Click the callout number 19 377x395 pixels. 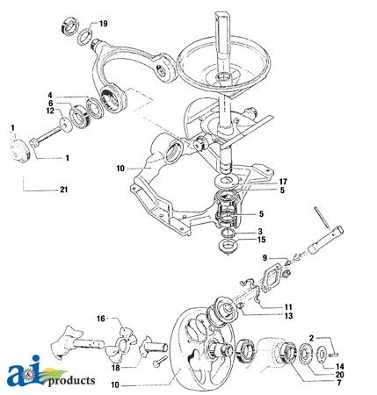(x=104, y=24)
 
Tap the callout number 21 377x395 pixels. (x=64, y=190)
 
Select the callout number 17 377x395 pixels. (x=283, y=182)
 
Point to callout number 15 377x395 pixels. (x=261, y=240)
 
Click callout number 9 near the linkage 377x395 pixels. (x=265, y=258)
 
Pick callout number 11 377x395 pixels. (x=288, y=307)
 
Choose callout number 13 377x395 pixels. (x=288, y=316)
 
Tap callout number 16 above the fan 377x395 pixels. (x=101, y=319)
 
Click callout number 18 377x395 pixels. (x=116, y=368)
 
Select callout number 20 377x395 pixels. (x=340, y=375)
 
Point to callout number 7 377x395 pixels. (x=339, y=383)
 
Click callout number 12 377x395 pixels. (x=50, y=111)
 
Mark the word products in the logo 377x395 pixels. (x=71, y=381)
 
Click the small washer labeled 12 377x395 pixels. (x=66, y=125)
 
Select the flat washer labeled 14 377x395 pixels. (x=322, y=355)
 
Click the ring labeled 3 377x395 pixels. (x=228, y=233)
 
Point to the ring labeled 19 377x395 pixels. (x=84, y=37)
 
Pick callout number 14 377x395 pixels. (x=340, y=367)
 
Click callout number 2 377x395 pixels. (x=311, y=339)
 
